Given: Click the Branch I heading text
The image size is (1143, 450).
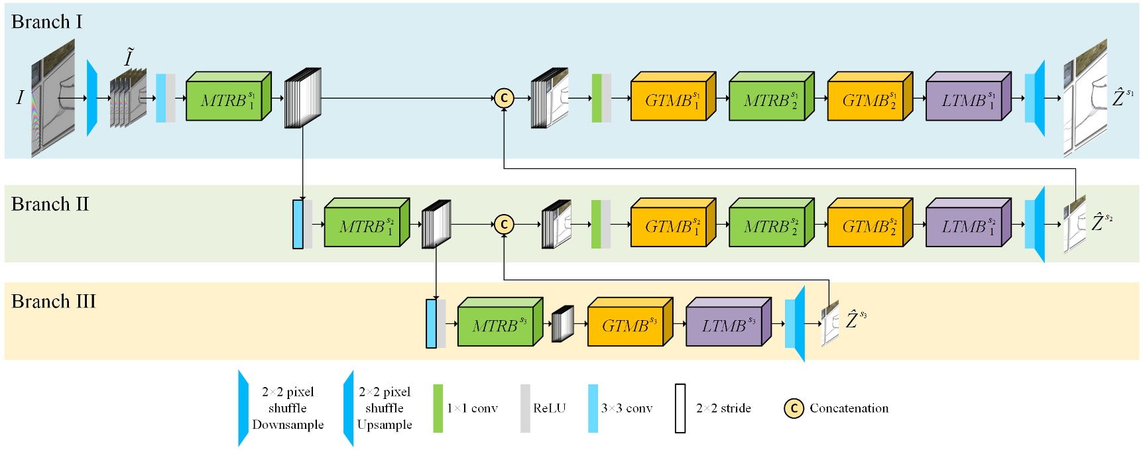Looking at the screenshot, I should tap(46, 22).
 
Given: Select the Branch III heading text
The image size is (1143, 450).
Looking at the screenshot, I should tap(54, 302).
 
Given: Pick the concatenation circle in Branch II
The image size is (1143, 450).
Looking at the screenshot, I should tap(504, 225).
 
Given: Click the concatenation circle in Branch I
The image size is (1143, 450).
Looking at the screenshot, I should tap(504, 99).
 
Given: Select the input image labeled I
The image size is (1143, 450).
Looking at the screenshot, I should tap(53, 98).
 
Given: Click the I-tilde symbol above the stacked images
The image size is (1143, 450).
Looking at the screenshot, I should tap(129, 58).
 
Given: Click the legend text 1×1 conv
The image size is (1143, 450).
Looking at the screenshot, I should tap(472, 408).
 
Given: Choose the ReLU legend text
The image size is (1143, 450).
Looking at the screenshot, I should tap(550, 408).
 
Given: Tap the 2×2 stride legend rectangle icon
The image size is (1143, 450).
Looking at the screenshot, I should tap(680, 408).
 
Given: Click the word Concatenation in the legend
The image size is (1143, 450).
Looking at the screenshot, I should tap(849, 408).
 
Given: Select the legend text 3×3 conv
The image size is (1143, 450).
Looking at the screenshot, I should tap(627, 408).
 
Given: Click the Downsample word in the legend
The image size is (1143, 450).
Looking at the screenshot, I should tap(288, 425).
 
